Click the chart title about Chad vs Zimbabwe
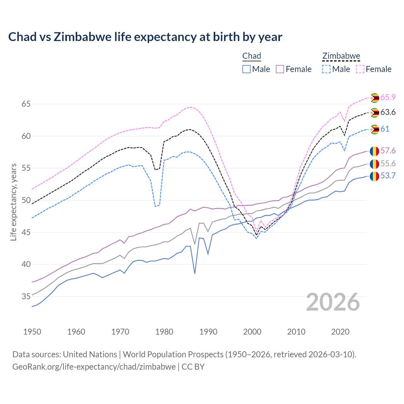pos(145,37)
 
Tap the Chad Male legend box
pos(247,69)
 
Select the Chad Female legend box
pos(280,69)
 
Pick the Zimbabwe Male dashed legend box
pos(326,69)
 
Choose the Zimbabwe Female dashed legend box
pos(360,69)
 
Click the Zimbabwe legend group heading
pos(341,56)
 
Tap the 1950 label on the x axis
pos(32,332)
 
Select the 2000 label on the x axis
pos(252,332)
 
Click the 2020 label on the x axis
pos(340,332)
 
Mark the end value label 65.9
pos(388,97)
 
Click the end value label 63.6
pos(388,112)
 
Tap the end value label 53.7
pos(388,176)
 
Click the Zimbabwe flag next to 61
pos(374,129)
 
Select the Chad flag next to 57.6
pos(374,151)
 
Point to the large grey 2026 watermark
pos(333,302)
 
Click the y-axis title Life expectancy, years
pos(14,202)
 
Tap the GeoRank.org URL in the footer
pos(94,367)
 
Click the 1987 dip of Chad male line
pos(195,273)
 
